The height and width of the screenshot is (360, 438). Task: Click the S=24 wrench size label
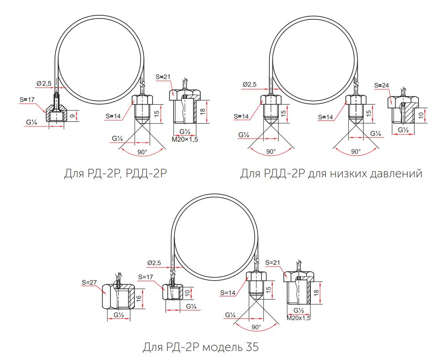(x=381, y=85)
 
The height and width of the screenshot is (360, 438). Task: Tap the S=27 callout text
(x=89, y=282)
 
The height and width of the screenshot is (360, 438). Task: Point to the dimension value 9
(x=72, y=115)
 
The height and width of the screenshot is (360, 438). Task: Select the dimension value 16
(x=138, y=298)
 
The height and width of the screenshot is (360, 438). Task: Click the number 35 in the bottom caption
(x=252, y=347)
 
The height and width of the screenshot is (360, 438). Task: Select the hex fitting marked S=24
(x=403, y=110)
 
